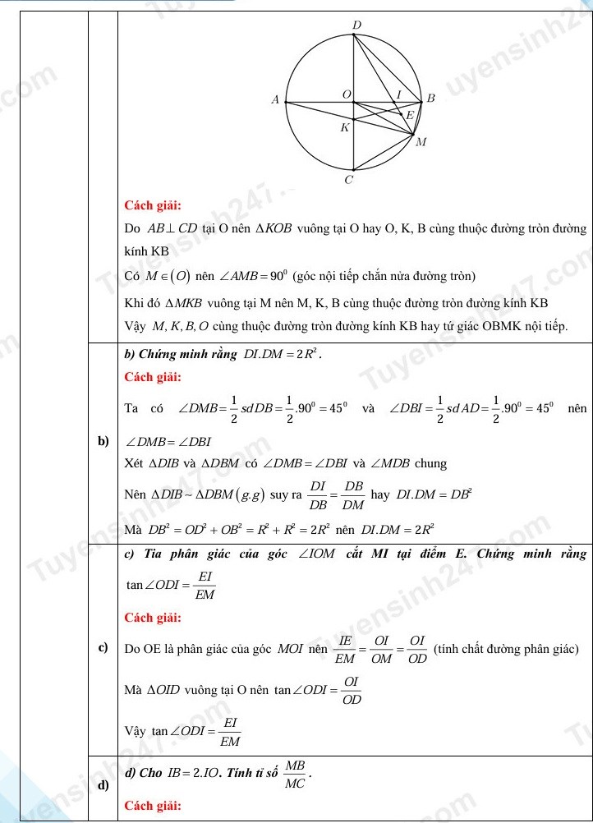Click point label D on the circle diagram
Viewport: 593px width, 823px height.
click(356, 25)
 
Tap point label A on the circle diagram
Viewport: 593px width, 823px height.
click(275, 99)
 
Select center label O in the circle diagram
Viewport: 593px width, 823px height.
click(346, 95)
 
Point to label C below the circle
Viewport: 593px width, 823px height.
click(349, 179)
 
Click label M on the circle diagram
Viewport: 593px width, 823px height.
click(421, 142)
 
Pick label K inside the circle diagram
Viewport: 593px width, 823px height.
click(345, 127)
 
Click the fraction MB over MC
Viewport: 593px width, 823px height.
click(294, 775)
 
